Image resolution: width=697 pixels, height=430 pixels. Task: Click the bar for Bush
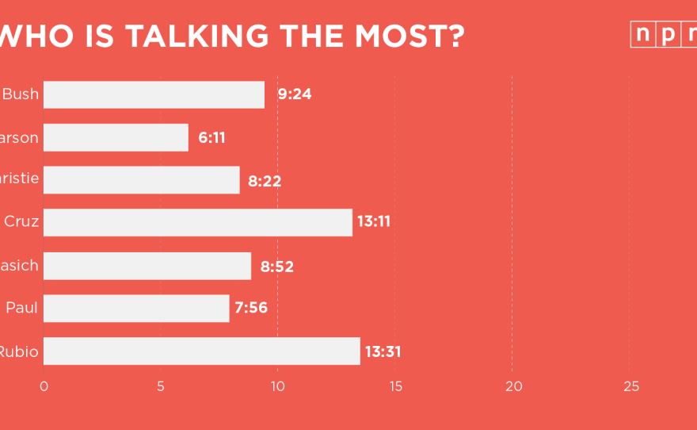154,94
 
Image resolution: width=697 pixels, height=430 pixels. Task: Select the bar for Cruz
197,222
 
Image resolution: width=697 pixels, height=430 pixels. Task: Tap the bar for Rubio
201,351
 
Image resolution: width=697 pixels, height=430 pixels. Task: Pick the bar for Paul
136,308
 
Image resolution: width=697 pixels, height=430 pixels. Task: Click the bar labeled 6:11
116,137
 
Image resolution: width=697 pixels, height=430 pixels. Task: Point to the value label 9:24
295,94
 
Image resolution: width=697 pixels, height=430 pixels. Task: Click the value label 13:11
374,222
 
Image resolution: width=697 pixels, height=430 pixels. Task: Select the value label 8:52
276,266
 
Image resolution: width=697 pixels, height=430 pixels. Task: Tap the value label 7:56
251,308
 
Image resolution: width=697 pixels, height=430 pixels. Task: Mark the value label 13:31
383,351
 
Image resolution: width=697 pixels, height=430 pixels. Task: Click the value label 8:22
265,180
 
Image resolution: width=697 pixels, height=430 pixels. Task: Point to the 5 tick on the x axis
161,386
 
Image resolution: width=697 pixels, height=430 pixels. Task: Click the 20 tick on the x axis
514,386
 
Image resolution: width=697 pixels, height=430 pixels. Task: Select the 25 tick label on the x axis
630,386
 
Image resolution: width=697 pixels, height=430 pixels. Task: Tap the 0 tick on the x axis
44,386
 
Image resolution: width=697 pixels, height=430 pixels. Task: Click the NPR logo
664,35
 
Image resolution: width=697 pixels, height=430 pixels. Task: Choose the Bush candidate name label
21,94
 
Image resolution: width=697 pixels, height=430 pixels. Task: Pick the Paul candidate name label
22,308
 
